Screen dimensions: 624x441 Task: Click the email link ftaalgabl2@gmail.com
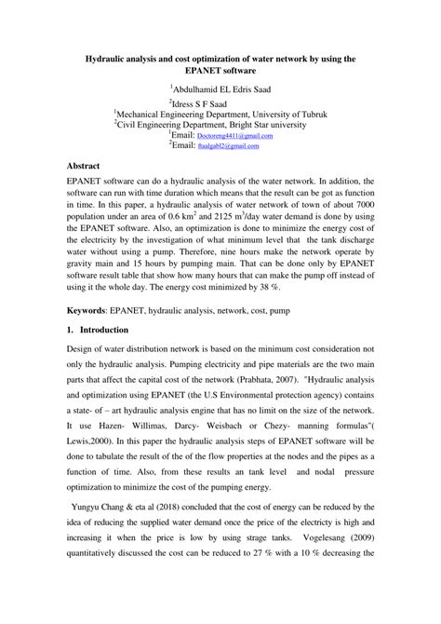click(229, 146)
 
